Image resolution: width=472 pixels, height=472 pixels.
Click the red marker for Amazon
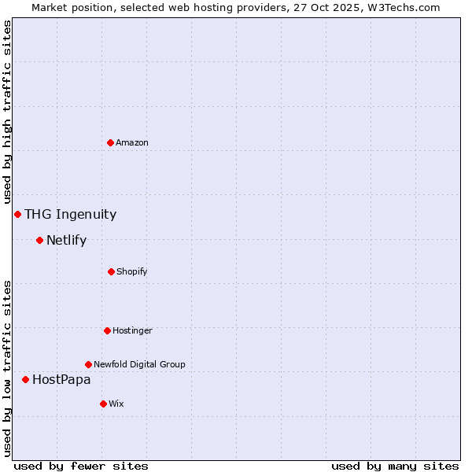tap(111, 142)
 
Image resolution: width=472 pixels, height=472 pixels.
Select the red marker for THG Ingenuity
tap(17, 214)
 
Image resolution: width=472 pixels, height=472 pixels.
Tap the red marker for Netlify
tap(39, 240)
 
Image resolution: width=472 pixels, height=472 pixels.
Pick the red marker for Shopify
tap(111, 271)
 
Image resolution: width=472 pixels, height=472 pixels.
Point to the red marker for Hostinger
tap(107, 330)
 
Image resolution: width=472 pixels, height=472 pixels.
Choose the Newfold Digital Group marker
tap(88, 364)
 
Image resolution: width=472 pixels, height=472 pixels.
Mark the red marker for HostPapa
tap(25, 379)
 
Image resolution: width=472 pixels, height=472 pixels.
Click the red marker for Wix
tap(103, 404)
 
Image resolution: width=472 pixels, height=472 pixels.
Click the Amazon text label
tap(132, 142)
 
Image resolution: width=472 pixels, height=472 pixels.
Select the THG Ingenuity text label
tap(70, 214)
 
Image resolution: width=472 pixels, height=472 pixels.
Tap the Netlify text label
tap(66, 240)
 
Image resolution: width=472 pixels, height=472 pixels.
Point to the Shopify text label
tap(132, 271)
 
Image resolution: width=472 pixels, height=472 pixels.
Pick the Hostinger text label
tap(132, 330)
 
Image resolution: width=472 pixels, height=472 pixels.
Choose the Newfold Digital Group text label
tap(139, 364)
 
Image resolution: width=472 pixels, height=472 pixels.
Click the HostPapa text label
tap(61, 379)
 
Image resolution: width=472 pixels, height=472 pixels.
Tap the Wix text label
tap(116, 404)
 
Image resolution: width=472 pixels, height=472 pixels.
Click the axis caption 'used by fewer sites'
tap(81, 466)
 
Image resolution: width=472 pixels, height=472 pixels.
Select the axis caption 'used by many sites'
tap(395, 466)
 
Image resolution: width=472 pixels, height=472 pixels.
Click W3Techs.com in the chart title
tap(401, 7)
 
